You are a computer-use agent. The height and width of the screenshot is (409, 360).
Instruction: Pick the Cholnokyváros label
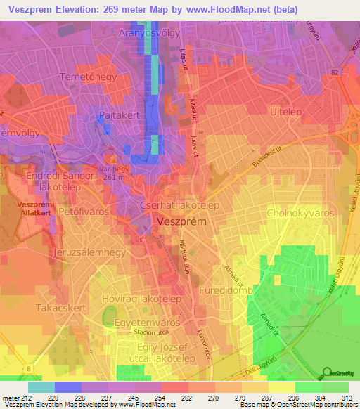(x=297, y=212)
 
